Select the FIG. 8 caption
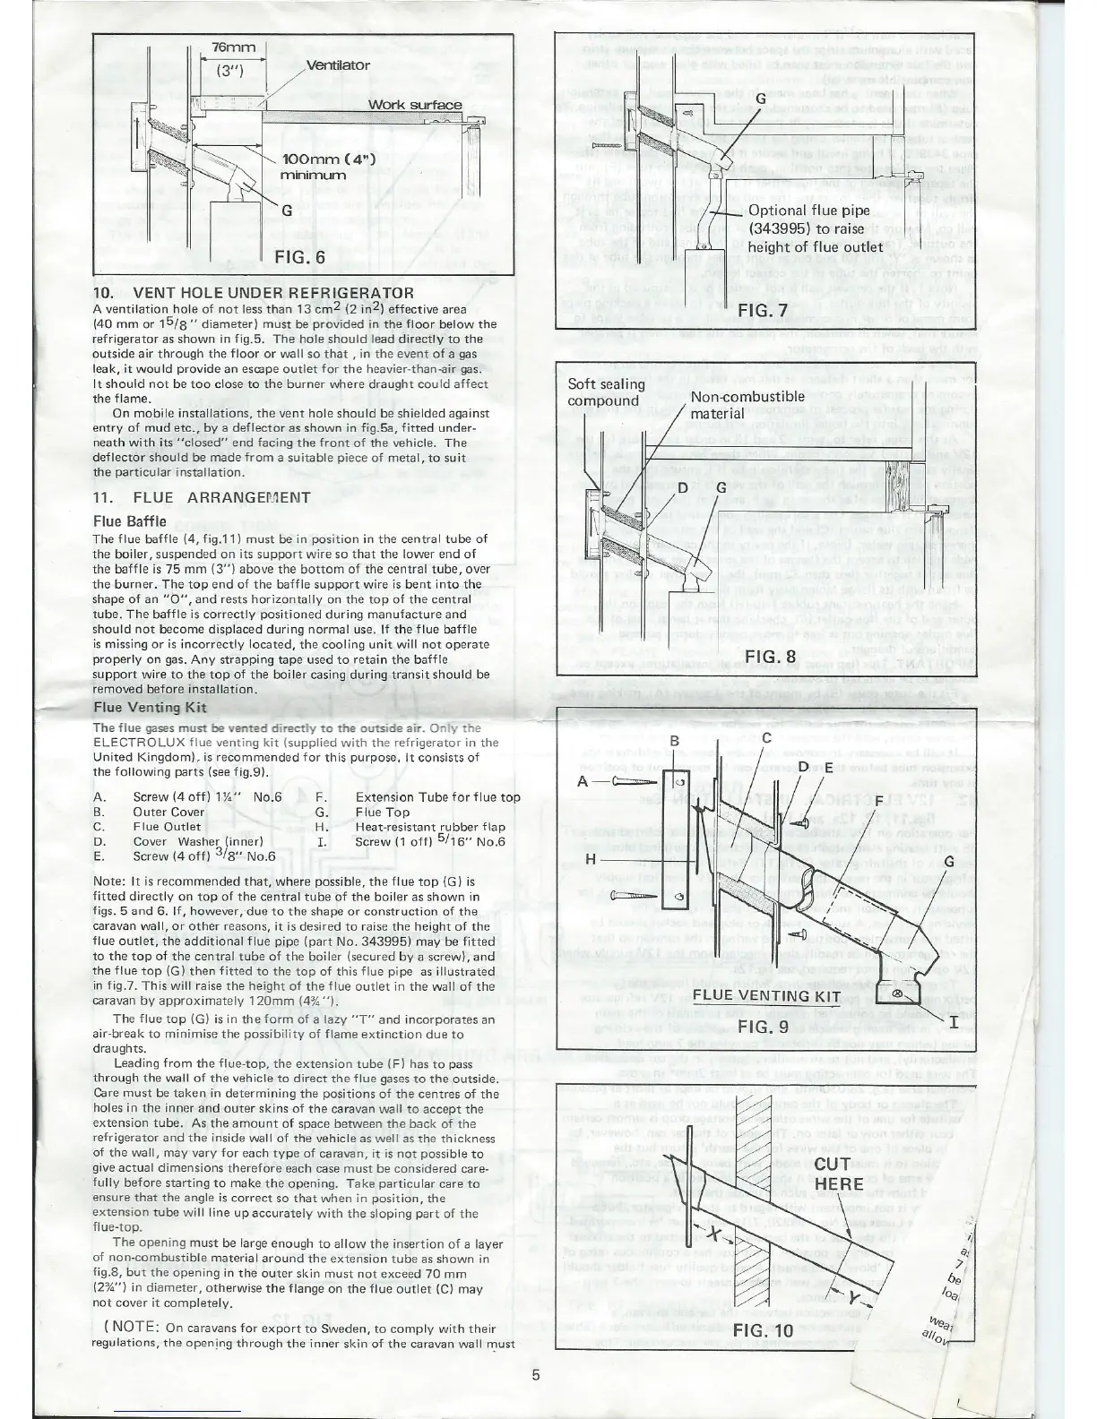coord(772,656)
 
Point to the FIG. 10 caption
coord(764,1330)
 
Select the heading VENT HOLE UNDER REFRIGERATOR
coord(254,293)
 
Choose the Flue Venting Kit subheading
coord(150,707)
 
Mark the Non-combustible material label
coord(747,404)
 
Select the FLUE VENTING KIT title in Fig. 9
coord(766,995)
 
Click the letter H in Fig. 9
coord(591,857)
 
